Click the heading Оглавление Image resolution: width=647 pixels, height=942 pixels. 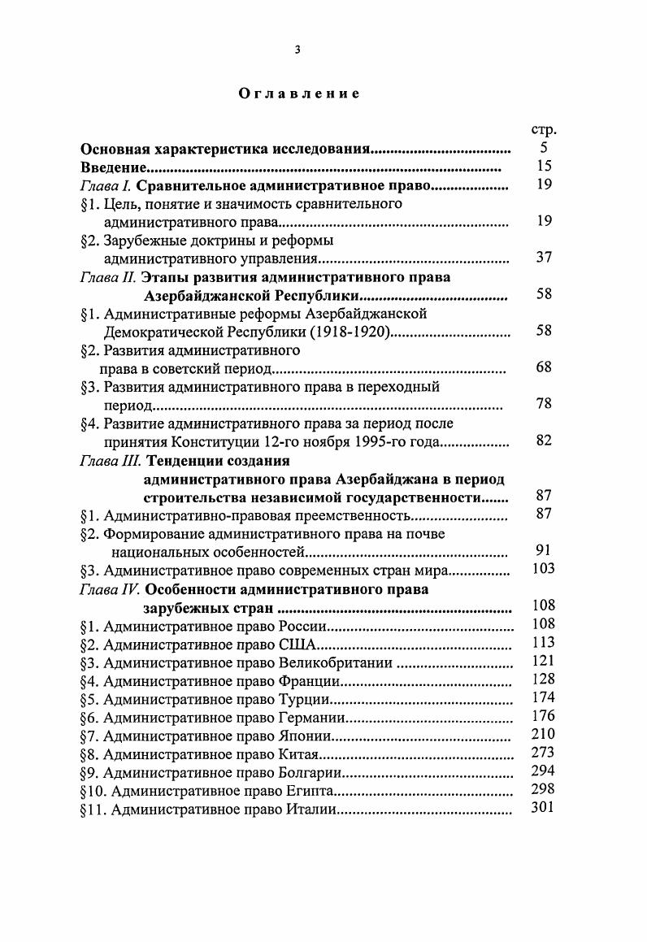tap(298, 93)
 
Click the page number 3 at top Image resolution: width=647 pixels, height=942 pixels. tap(297, 50)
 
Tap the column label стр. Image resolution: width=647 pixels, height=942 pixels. tap(543, 130)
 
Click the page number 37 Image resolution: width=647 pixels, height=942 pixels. tap(544, 258)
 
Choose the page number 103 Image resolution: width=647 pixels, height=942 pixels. tap(543, 569)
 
